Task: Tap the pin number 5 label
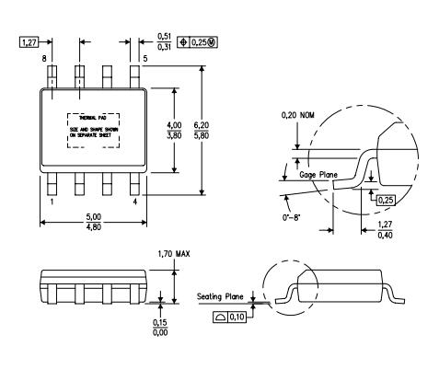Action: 144,59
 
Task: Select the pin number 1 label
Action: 52,199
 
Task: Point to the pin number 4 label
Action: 135,199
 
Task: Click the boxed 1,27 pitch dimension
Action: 29,41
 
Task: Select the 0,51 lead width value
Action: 167,38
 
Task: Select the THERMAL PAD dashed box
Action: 95,130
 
